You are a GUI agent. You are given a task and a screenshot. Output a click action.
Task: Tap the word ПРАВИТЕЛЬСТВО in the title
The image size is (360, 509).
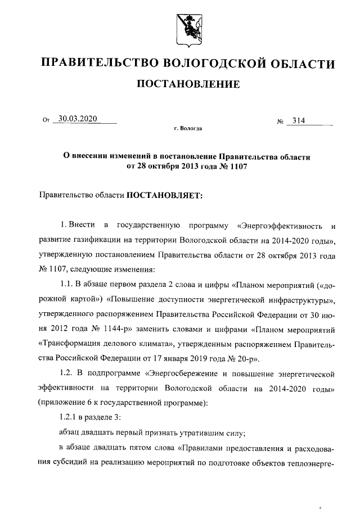100,63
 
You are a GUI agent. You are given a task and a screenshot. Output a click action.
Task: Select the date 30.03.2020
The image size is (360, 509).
78,118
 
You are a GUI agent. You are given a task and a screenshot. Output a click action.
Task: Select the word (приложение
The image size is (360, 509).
64,402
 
